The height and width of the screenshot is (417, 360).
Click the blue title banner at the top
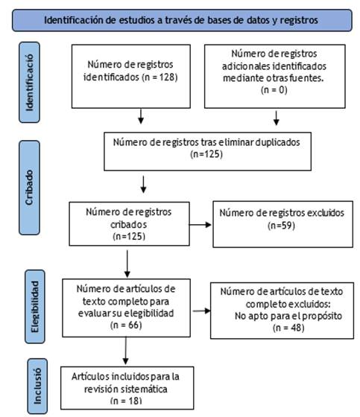click(x=182, y=20)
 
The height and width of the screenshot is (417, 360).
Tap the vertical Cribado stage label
click(x=29, y=188)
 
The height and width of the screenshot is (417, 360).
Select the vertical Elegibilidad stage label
click(x=35, y=306)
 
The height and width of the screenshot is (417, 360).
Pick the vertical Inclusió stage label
click(x=37, y=386)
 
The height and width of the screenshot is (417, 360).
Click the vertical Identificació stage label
click(x=29, y=82)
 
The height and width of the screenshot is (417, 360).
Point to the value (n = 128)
click(x=160, y=77)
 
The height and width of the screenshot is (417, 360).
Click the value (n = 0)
click(x=274, y=90)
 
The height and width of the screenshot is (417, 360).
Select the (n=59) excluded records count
click(x=281, y=226)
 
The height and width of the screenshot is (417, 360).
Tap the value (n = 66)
click(x=126, y=325)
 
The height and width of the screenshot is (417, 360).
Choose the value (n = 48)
click(x=288, y=328)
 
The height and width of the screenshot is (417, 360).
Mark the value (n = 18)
click(x=126, y=401)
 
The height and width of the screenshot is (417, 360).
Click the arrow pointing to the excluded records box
click(x=200, y=225)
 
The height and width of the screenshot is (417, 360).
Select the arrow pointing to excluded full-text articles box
click(x=201, y=311)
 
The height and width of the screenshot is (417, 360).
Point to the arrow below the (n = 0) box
click(x=277, y=118)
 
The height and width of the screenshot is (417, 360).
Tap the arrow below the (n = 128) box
click(x=141, y=116)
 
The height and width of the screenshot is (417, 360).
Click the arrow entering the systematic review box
click(x=126, y=351)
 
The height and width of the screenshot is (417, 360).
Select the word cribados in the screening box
click(x=129, y=225)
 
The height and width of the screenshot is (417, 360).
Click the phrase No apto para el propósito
click(x=288, y=316)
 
